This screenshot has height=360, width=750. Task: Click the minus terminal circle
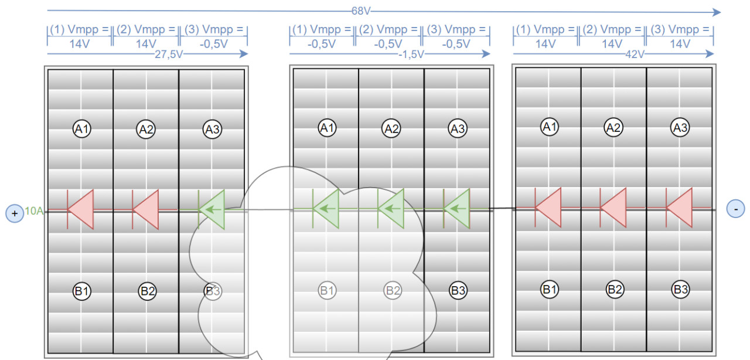(735, 208)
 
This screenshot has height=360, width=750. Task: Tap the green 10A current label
(34, 210)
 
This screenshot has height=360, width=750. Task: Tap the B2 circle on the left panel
(146, 290)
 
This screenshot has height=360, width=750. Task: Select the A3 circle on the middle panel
(457, 128)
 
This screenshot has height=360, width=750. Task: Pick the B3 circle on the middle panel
(458, 290)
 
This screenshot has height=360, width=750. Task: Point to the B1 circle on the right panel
(549, 288)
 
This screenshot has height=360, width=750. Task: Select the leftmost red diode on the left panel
(81, 209)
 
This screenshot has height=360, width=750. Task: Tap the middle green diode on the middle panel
(391, 208)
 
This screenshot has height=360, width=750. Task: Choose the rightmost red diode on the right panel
(680, 208)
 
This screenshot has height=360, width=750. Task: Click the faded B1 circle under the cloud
(327, 290)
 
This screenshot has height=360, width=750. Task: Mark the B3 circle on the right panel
(680, 288)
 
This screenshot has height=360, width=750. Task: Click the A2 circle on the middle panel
(391, 128)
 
